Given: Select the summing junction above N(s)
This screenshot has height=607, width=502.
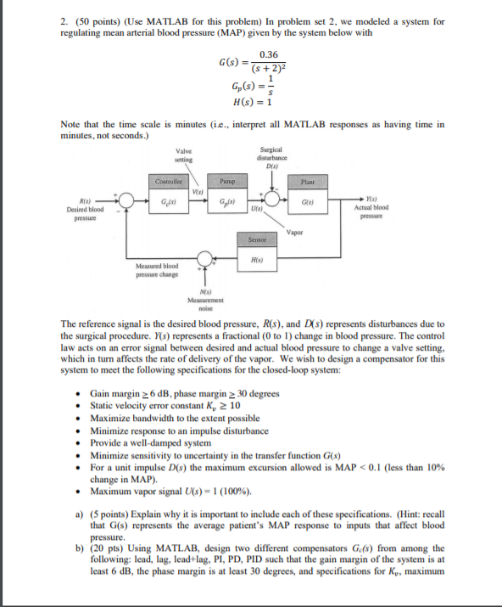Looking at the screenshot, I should point(204,258).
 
